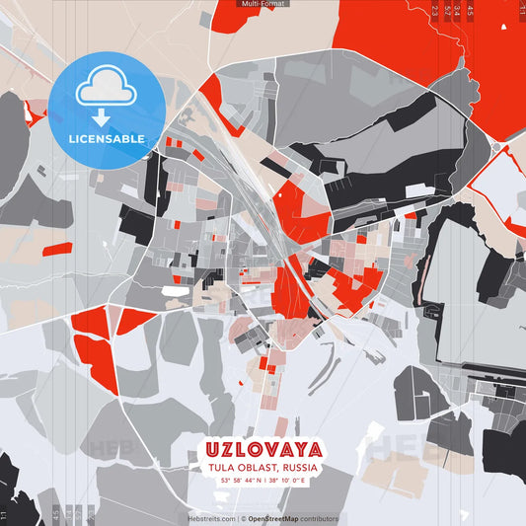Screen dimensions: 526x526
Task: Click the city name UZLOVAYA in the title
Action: pyautogui.click(x=263, y=449)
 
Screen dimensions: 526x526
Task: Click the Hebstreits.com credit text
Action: pyautogui.click(x=211, y=518)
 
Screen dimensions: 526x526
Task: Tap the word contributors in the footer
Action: pyautogui.click(x=318, y=518)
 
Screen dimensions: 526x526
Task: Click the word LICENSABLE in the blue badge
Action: pyautogui.click(x=107, y=138)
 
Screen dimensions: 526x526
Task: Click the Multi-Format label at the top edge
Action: pyautogui.click(x=263, y=4)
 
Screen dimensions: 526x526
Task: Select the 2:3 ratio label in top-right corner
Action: pyautogui.click(x=434, y=10)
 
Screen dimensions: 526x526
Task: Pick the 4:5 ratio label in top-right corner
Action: pyautogui.click(x=470, y=10)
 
